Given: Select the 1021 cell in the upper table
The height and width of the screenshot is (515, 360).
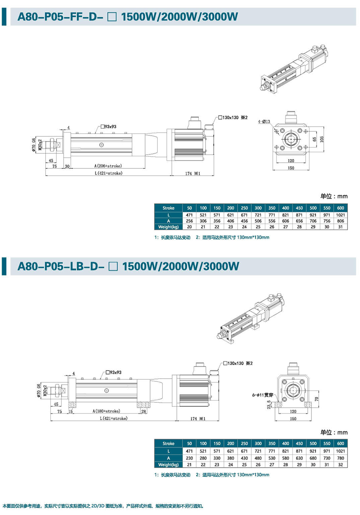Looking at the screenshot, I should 340,215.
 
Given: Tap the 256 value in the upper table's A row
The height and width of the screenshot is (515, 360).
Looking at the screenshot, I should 189,221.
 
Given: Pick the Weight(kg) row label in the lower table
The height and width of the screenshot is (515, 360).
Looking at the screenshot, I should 168,465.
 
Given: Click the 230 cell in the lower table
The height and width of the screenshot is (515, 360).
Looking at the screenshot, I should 189,458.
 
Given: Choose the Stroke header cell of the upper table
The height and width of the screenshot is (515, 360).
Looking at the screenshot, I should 168,208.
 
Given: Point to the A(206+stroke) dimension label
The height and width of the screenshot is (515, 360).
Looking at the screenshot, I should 108,166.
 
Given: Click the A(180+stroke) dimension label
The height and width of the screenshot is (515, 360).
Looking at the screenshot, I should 106,411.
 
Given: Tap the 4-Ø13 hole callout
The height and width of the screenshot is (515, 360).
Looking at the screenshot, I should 264,122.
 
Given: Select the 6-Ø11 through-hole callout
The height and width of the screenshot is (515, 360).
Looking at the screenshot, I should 262,395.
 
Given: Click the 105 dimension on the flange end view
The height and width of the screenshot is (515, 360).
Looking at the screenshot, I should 322,139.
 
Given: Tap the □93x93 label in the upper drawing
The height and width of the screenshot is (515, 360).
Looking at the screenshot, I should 108,127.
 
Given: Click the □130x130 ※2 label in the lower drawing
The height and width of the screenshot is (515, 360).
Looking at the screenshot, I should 238,363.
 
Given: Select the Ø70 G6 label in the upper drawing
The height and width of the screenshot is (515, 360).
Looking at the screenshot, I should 34,145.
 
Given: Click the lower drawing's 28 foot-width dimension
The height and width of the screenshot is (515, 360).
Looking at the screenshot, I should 144,411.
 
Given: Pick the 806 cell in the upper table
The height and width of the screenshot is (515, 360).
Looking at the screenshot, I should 340,221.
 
